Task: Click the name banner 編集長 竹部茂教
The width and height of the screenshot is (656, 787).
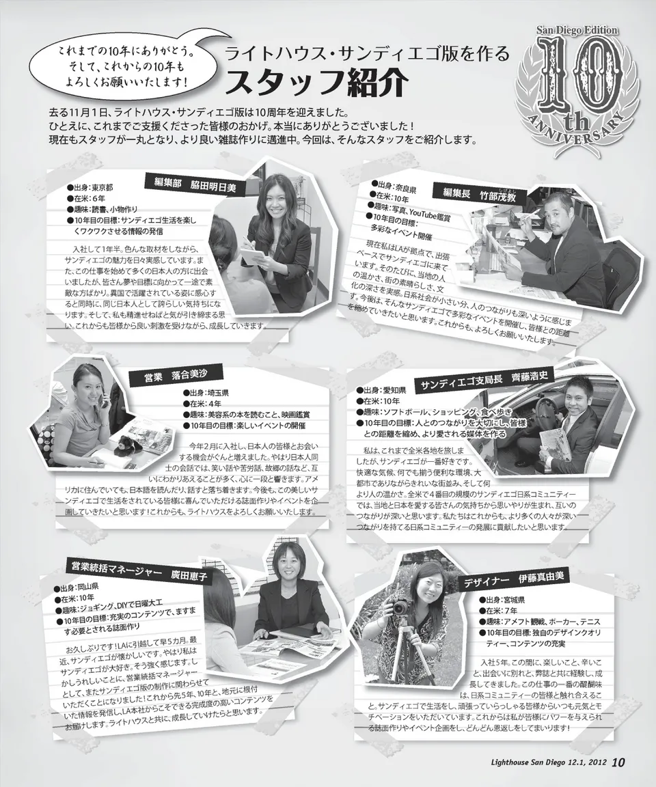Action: tap(479, 194)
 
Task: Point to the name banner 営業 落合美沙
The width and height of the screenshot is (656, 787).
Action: tap(175, 375)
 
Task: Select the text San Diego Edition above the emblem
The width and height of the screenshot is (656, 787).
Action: tap(577, 31)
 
